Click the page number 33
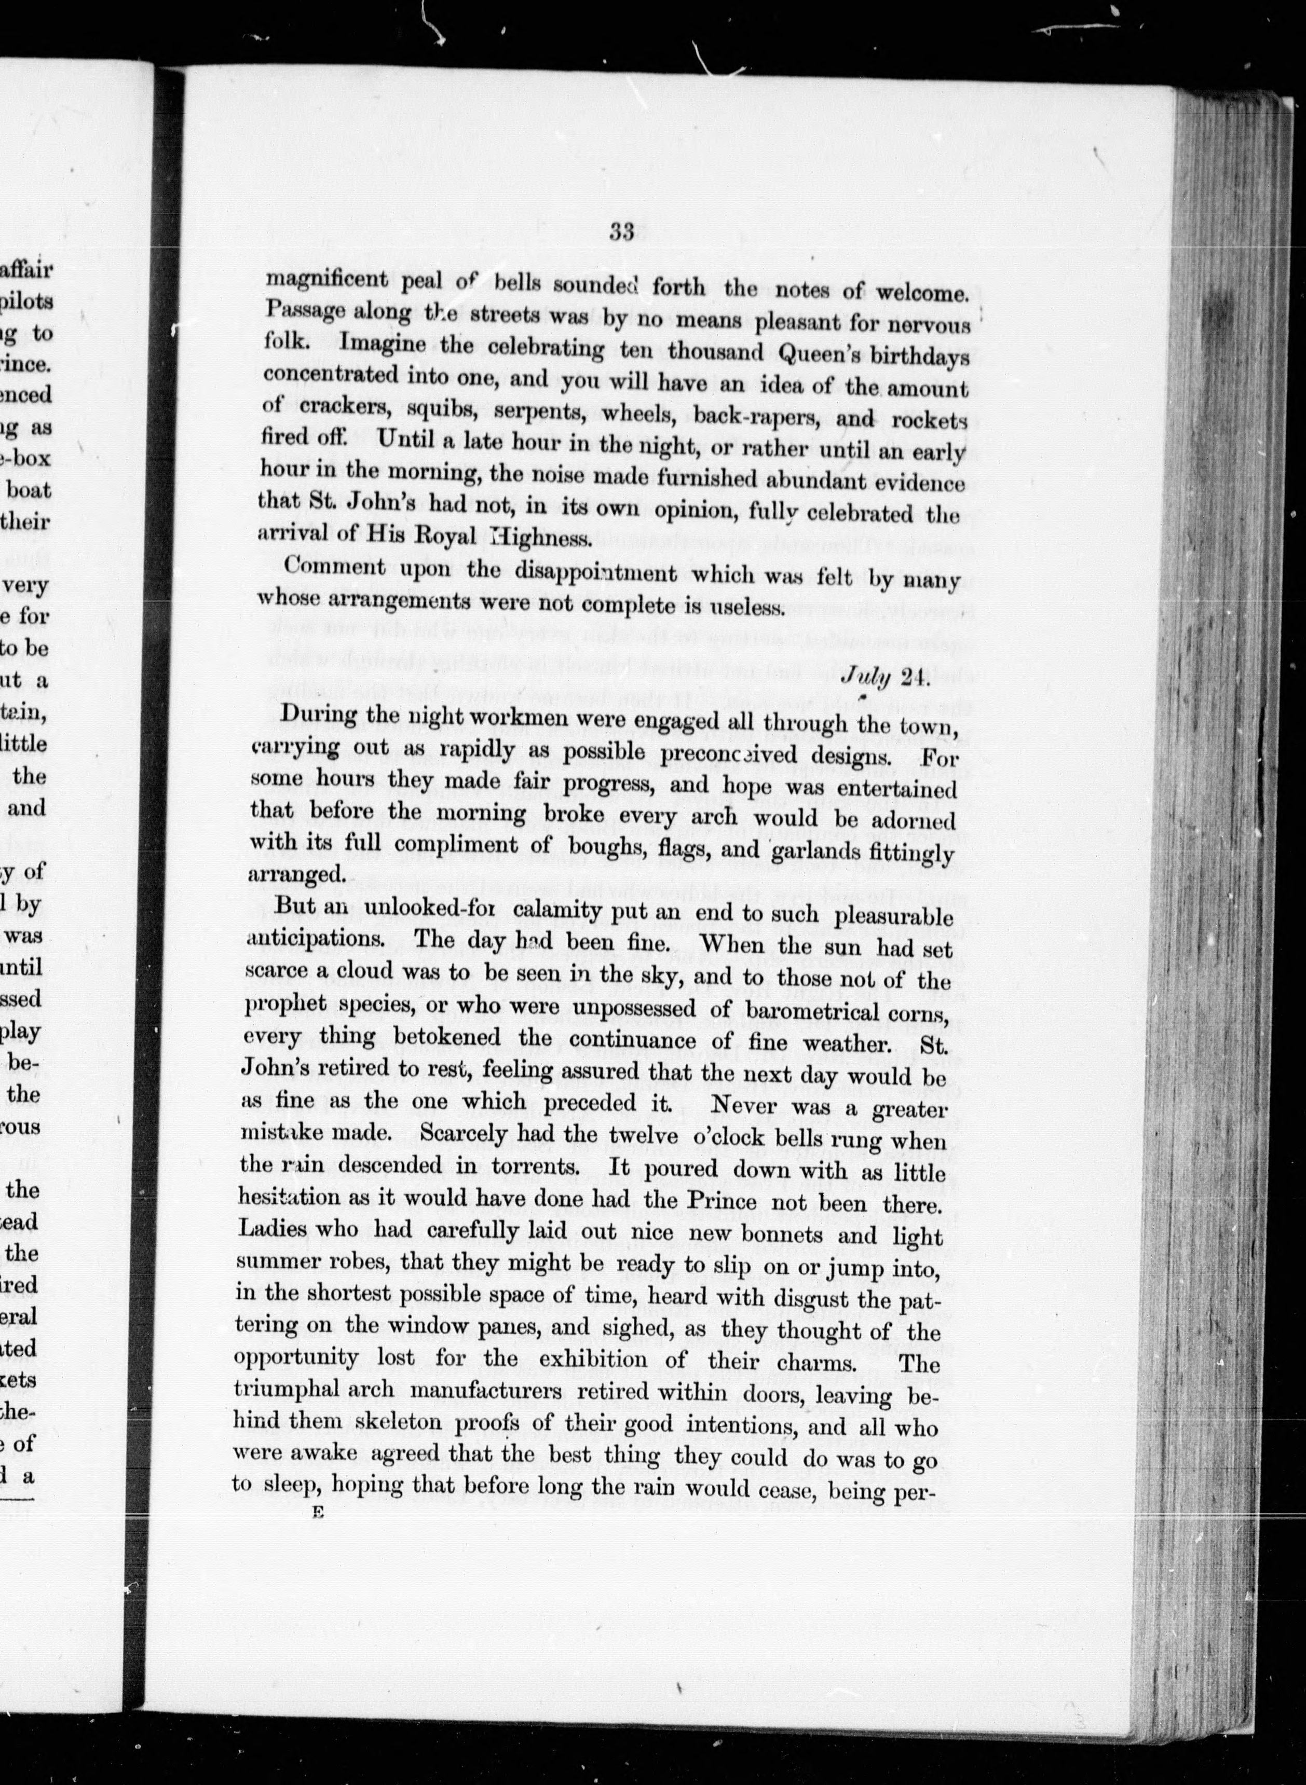point(622,231)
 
